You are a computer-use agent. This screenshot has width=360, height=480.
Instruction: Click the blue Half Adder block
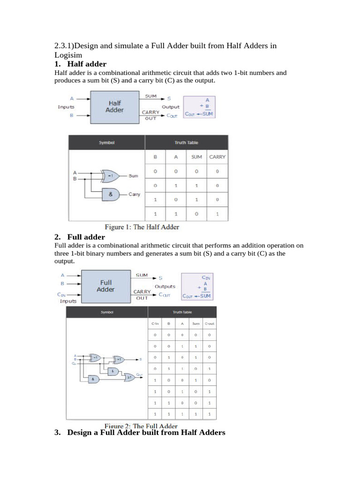[114, 106]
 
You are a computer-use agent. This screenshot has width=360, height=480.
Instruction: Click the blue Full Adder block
[105, 286]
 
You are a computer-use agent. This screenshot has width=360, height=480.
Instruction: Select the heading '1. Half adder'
[87, 64]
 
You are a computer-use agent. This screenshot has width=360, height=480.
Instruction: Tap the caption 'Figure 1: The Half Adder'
[142, 227]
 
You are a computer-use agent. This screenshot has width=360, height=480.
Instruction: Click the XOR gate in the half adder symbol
[111, 176]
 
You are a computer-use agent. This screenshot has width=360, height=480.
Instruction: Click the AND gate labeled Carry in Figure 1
[111, 194]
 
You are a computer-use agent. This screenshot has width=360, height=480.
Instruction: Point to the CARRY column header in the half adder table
[217, 157]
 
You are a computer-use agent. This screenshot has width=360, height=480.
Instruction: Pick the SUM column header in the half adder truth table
[196, 157]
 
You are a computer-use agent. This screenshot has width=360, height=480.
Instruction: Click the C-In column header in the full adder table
[155, 324]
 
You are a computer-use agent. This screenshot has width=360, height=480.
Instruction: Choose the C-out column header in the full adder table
[209, 324]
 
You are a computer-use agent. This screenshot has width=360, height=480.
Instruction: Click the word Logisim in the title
[68, 55]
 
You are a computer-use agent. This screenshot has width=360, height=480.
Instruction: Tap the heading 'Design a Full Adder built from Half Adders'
[146, 433]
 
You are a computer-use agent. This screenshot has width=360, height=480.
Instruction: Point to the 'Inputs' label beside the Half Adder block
[66, 107]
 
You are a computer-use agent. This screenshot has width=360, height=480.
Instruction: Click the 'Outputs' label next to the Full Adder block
[165, 286]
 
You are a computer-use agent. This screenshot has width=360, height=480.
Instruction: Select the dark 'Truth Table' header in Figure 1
[186, 142]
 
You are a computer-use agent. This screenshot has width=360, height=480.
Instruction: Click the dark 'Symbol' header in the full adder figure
[107, 312]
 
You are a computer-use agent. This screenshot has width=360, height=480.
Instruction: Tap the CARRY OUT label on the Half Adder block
[151, 115]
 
